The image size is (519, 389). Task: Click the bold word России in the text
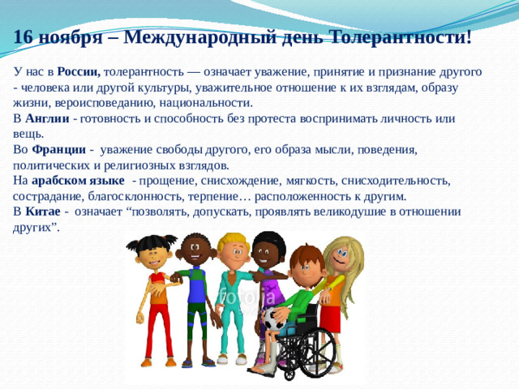(78, 71)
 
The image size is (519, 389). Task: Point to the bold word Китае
(41, 212)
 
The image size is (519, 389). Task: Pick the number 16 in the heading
(24, 37)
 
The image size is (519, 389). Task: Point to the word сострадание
(48, 196)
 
